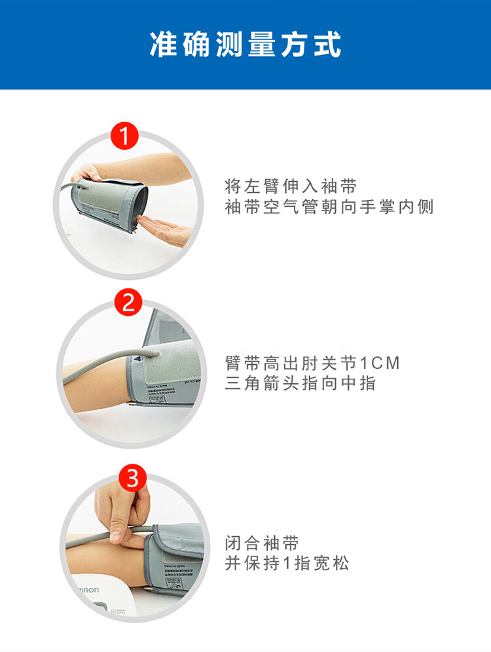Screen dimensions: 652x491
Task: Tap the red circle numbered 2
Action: coord(128,303)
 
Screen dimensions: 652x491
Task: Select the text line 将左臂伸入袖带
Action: coord(291,186)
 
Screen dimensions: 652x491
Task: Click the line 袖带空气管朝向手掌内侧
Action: coord(329,207)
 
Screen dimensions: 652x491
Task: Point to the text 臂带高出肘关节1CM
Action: coord(312,362)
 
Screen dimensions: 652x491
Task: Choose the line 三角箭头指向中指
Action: coord(300,383)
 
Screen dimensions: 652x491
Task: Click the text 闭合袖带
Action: coord(262,543)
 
